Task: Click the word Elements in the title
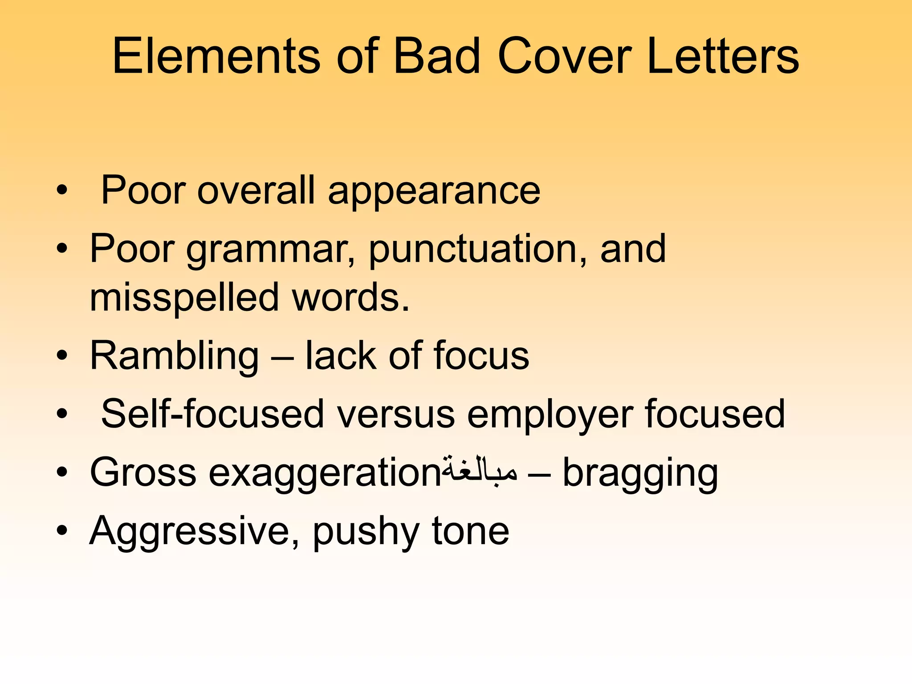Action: [x=216, y=57]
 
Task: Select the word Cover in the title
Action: [x=564, y=57]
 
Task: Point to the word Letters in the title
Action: [x=722, y=57]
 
